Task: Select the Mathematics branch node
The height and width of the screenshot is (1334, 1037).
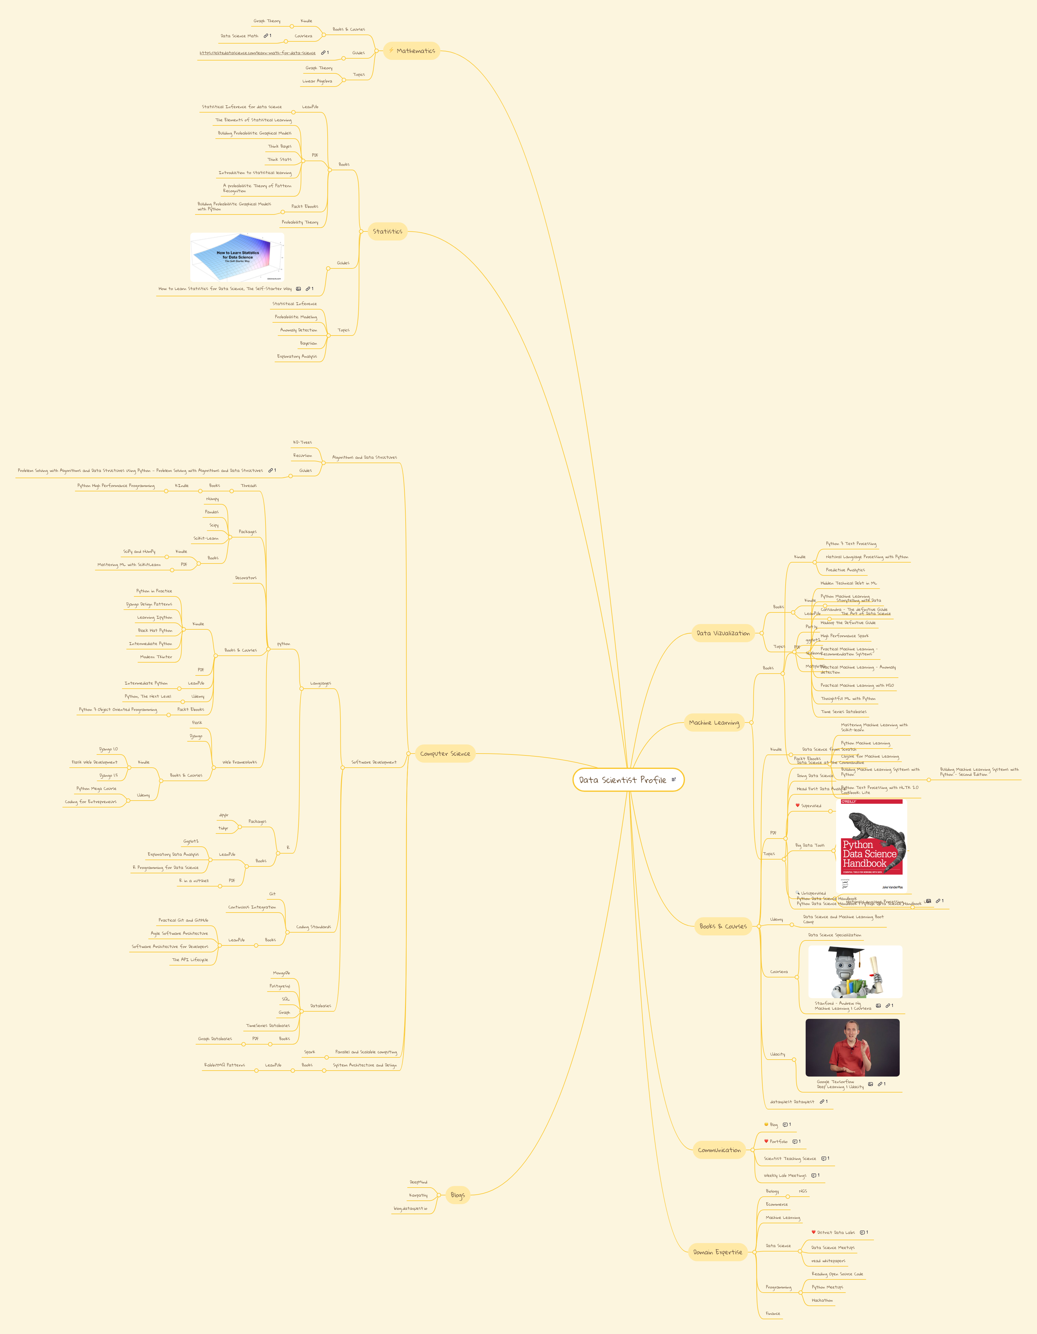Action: tap(412, 51)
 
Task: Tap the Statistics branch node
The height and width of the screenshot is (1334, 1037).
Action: tap(387, 231)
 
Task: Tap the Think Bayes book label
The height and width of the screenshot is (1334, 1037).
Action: tap(280, 146)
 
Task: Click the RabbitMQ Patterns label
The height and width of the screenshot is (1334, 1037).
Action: tap(224, 1065)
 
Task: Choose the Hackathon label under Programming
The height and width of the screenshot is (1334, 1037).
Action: tap(822, 1300)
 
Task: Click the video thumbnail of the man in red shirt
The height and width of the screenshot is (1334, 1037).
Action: tap(852, 1047)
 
